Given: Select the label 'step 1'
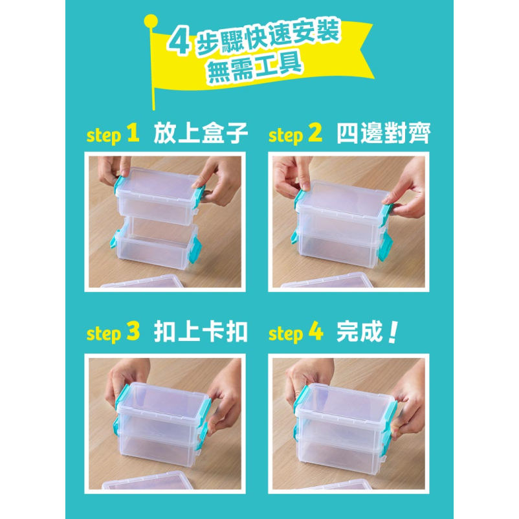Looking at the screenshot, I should (x=113, y=135).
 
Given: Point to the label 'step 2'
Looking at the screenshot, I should (x=295, y=135).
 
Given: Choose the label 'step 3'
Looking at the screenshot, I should (x=113, y=333).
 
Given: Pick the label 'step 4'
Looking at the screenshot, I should (x=295, y=333).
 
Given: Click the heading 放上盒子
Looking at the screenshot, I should (x=201, y=134).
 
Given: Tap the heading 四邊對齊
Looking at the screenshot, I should (x=383, y=134).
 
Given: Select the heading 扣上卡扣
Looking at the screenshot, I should (x=201, y=332).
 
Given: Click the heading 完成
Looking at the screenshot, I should (x=360, y=332).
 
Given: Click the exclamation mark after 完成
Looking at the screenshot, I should (x=391, y=331).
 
